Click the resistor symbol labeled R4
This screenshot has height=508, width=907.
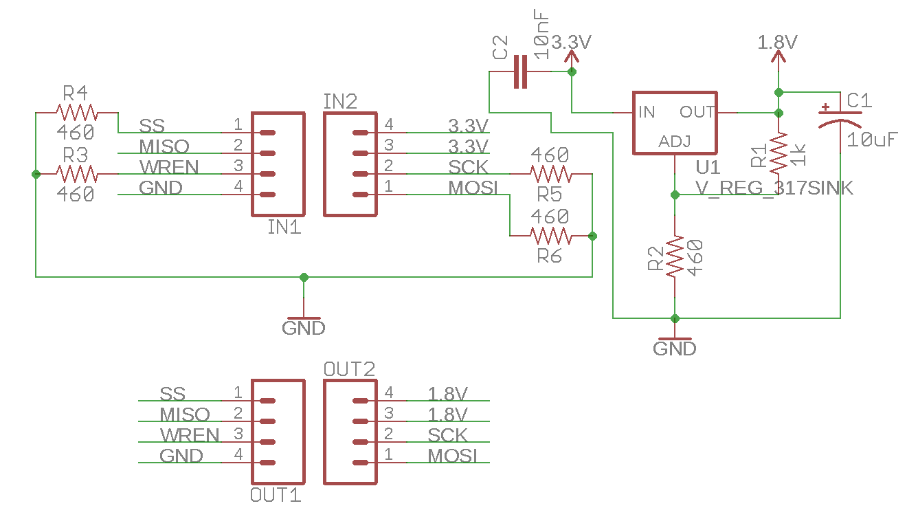(76, 112)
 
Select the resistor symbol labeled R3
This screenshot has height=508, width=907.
(76, 174)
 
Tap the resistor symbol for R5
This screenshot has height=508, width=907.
(550, 174)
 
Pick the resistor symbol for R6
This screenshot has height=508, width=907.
(550, 236)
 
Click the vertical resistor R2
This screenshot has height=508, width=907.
(675, 256)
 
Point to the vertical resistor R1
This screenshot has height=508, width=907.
(779, 154)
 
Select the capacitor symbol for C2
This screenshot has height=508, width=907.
(520, 71)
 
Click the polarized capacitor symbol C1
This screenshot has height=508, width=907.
(840, 118)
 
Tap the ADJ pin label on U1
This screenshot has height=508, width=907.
(675, 142)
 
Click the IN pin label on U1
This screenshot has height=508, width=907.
(647, 112)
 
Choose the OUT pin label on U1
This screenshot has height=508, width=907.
(697, 112)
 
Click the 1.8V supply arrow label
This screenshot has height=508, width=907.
(778, 43)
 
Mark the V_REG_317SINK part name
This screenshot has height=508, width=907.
(774, 188)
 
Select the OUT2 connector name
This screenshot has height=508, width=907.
(349, 369)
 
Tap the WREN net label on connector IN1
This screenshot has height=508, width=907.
(169, 167)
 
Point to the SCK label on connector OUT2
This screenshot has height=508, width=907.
(447, 435)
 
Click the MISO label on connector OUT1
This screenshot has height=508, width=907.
(184, 415)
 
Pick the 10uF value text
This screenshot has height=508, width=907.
(871, 140)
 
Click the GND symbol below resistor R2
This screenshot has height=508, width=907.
(675, 348)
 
